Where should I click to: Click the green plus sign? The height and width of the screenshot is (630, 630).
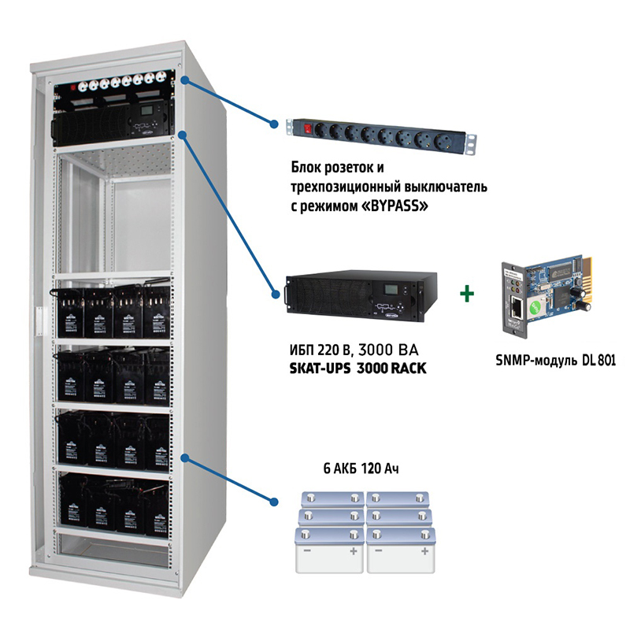tap(468, 295)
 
